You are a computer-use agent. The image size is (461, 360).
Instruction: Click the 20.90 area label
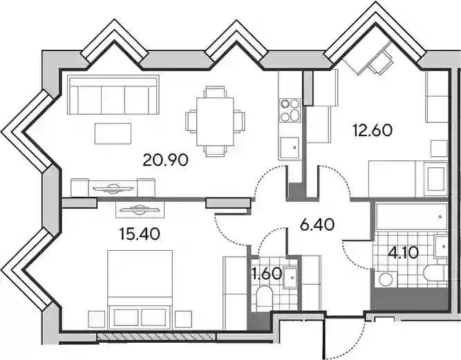point(165,161)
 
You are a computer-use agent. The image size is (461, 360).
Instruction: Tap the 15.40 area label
point(140,234)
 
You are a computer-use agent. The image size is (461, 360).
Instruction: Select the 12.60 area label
point(373,131)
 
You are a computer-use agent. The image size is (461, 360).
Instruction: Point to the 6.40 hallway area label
point(317,225)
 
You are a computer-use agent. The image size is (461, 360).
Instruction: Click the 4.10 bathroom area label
point(403,253)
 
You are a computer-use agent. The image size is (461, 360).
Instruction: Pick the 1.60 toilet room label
point(267,274)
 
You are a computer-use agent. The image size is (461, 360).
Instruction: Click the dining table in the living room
point(215,122)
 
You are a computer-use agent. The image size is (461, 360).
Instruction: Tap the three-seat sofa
point(113,95)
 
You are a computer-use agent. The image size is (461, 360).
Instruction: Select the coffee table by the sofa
point(113,134)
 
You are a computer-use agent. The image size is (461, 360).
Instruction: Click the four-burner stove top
point(290,111)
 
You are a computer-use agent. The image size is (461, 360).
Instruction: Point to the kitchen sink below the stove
point(289,149)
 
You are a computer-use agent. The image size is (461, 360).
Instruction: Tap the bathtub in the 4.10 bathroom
point(412,216)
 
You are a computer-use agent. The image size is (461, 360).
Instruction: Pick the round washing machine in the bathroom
point(386,278)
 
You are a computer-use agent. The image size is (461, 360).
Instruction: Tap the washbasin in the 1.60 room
point(290,277)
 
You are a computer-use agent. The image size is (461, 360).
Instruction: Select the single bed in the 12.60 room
point(408,179)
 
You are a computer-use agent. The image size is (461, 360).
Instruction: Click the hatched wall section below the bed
point(156,337)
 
